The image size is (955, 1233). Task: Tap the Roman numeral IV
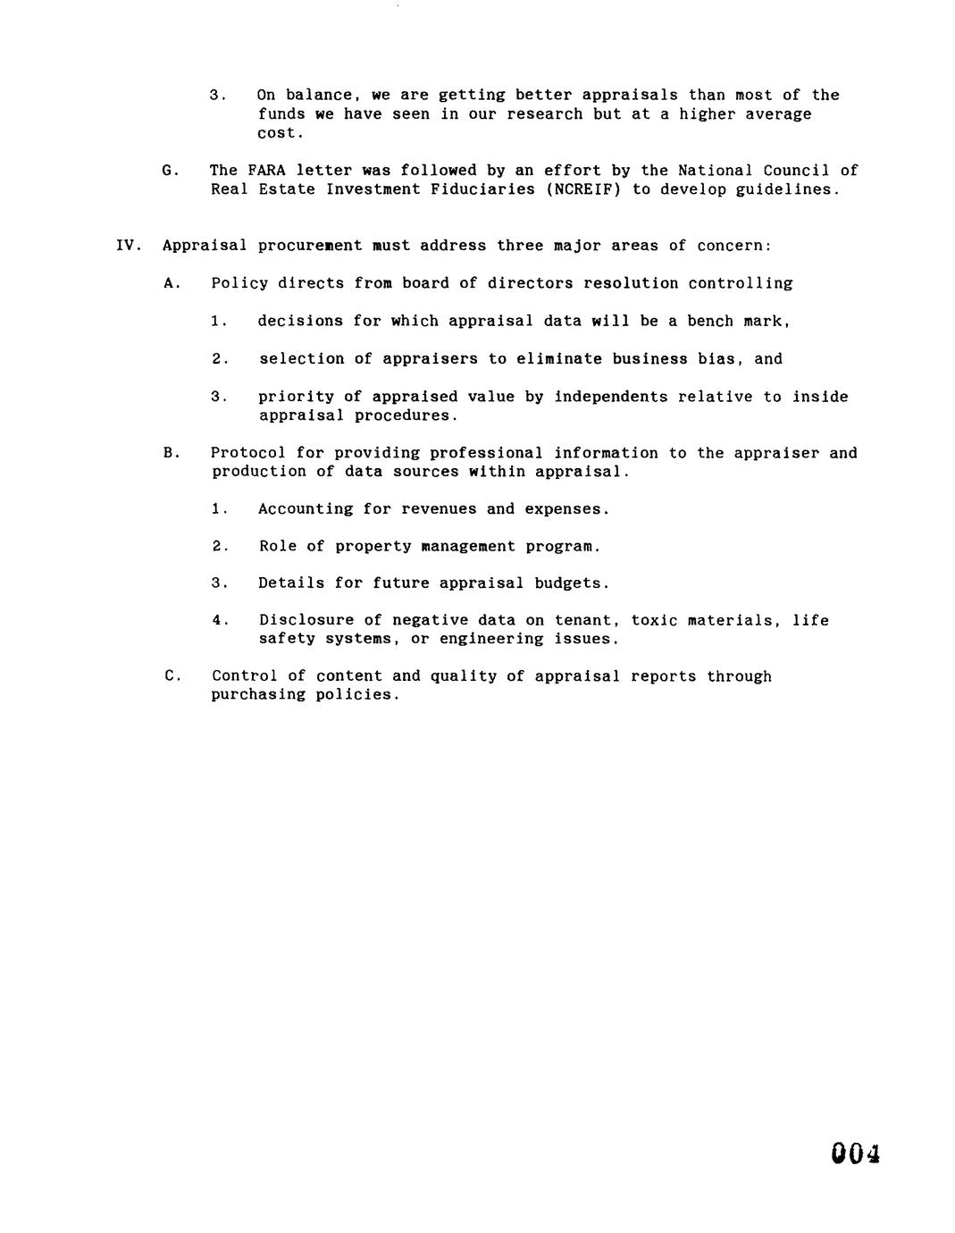(126, 246)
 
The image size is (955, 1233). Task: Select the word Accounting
(306, 509)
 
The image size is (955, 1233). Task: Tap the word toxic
(654, 620)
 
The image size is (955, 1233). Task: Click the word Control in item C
(239, 676)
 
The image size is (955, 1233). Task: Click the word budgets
(571, 583)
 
